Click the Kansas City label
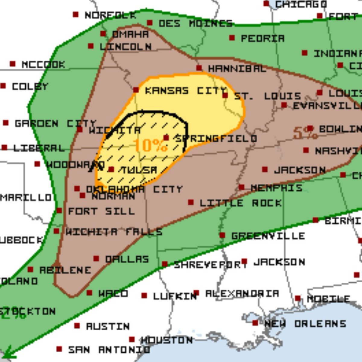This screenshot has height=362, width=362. pyautogui.click(x=186, y=91)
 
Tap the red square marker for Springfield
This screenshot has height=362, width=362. pyautogui.click(x=166, y=138)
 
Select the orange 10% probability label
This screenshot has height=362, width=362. pyautogui.click(x=150, y=145)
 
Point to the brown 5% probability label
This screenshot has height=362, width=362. pyautogui.click(x=305, y=133)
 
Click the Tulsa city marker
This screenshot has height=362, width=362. pyautogui.click(x=111, y=170)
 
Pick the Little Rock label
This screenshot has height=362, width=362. pyautogui.click(x=240, y=203)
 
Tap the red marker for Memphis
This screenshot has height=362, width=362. pyautogui.click(x=241, y=187)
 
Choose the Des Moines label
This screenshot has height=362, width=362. pyautogui.click(x=195, y=24)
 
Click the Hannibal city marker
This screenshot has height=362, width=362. pyautogui.click(x=199, y=68)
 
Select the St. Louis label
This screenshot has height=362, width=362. pyautogui.click(x=268, y=96)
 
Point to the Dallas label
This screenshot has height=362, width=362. pyautogui.click(x=127, y=259)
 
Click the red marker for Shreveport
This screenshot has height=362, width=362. pyautogui.click(x=164, y=264)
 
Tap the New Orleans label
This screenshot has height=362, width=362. pyautogui.click(x=305, y=324)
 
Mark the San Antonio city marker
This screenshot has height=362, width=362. pyautogui.click(x=59, y=349)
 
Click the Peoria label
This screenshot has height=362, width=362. pyautogui.click(x=262, y=38)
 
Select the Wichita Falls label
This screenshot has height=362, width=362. pyautogui.click(x=114, y=232)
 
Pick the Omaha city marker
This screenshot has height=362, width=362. pyautogui.click(x=103, y=34)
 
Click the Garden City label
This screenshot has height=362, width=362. pyautogui.click(x=56, y=123)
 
